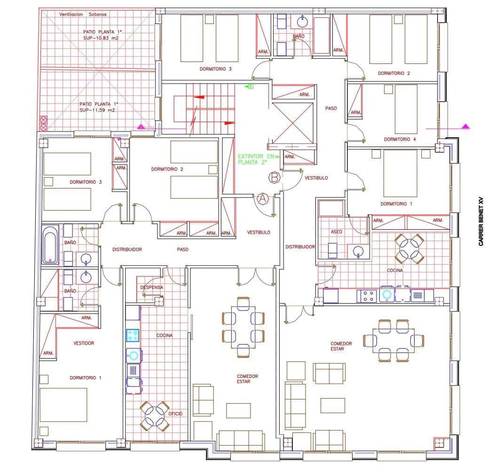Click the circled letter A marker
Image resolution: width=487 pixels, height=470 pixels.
(x=263, y=198)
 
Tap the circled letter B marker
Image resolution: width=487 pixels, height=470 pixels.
(x=275, y=178)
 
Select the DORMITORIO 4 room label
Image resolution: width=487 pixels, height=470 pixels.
(x=400, y=139)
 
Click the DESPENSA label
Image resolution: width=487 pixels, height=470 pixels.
(x=151, y=287)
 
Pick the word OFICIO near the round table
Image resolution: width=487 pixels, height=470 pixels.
(x=175, y=414)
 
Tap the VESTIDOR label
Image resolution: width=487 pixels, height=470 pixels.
(x=84, y=343)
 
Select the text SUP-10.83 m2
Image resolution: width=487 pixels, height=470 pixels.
(x=99, y=38)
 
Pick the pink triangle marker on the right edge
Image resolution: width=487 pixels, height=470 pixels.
(x=465, y=126)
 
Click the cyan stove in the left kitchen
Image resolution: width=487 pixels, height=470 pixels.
(x=133, y=335)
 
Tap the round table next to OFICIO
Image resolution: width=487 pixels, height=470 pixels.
(x=155, y=416)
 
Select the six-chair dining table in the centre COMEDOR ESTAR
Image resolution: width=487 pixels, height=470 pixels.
(x=243, y=328)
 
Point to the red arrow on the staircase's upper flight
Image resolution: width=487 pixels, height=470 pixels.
(x=199, y=97)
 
